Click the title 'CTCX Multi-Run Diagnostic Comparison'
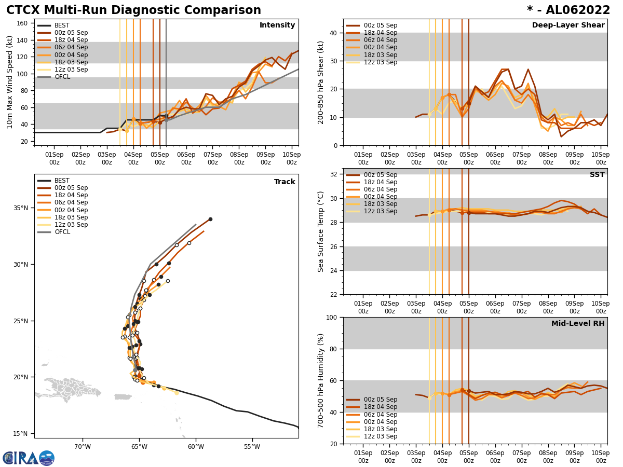[133, 10]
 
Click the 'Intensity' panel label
[277, 25]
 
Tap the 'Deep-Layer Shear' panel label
[568, 25]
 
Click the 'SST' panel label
[597, 175]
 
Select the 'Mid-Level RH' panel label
[578, 324]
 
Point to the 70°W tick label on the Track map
[82, 447]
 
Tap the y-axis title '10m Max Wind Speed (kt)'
[10, 82]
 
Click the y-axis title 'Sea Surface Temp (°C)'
[321, 231]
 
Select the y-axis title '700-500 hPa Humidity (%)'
[321, 380]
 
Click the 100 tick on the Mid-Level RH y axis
[330, 317]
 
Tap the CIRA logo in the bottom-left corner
[28, 458]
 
